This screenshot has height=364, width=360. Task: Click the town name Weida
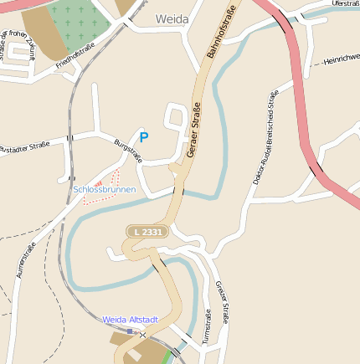172,18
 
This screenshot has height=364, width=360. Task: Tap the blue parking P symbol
144,137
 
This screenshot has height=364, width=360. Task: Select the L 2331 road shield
148,231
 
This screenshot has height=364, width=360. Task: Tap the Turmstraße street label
206,327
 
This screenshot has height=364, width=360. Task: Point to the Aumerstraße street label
26,259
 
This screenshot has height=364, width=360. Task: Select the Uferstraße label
344,4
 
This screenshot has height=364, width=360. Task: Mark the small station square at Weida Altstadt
130,331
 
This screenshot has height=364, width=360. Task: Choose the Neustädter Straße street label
25,146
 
